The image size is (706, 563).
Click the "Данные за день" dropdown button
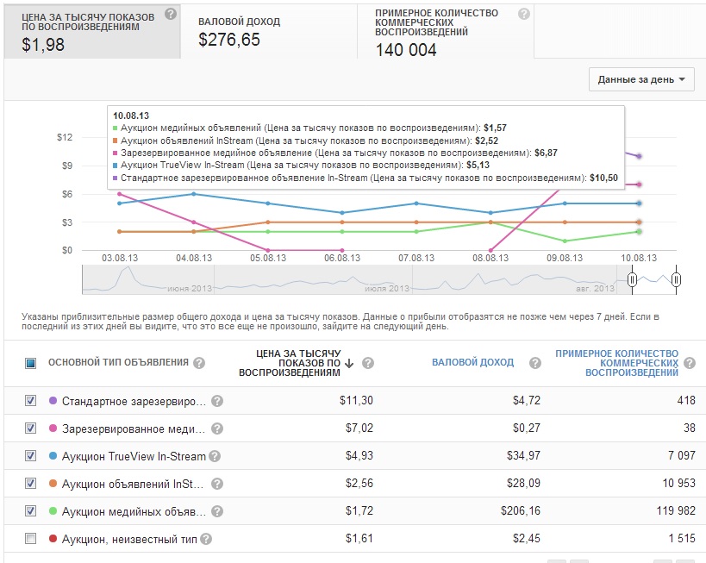pyautogui.click(x=641, y=79)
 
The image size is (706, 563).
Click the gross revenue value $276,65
pyautogui.click(x=229, y=40)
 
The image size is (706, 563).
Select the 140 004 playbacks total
pyautogui.click(x=406, y=50)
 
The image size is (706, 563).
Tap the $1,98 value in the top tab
pyautogui.click(x=43, y=46)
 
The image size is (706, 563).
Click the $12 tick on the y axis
pyautogui.click(x=65, y=137)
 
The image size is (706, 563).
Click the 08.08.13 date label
pyautogui.click(x=490, y=258)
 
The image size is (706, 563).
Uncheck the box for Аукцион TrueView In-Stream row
pyautogui.click(x=31, y=455)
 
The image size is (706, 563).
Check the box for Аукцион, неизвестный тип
pyautogui.click(x=31, y=538)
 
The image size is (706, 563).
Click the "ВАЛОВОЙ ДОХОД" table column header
pyautogui.click(x=472, y=362)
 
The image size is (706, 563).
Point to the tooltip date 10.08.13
pyautogui.click(x=131, y=116)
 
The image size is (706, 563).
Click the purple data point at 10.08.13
pyautogui.click(x=639, y=156)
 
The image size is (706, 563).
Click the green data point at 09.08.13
pyautogui.click(x=564, y=241)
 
